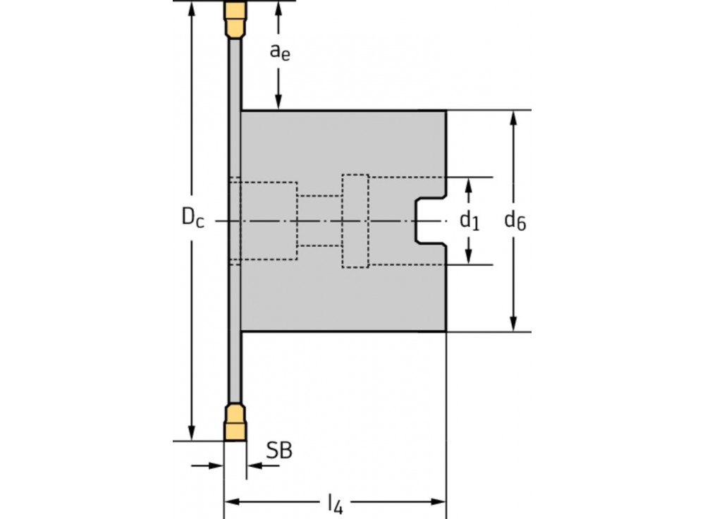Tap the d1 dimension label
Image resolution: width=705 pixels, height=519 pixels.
coord(470,221)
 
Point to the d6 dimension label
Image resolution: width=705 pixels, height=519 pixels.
coord(515,221)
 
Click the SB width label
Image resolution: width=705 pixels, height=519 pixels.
coord(279,451)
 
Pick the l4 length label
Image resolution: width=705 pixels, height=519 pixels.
coord(335,503)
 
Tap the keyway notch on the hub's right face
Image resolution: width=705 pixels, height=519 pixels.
coord(428,221)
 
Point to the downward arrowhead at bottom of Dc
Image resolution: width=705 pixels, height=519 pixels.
coord(191,432)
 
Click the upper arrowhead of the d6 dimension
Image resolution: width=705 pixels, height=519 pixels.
coord(515,119)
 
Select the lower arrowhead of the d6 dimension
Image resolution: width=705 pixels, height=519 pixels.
coord(515,322)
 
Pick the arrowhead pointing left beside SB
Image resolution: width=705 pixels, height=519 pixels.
coord(253,465)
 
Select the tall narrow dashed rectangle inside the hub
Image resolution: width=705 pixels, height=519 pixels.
coord(355,221)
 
